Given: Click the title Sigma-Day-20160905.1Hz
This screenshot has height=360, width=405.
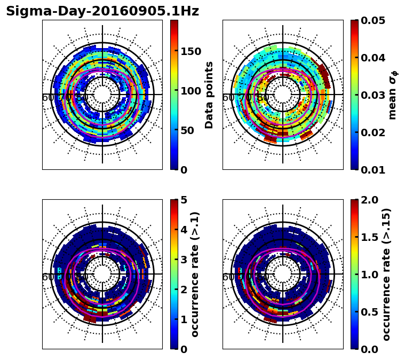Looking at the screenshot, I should [102, 11].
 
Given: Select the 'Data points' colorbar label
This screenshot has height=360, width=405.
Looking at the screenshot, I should [209, 95].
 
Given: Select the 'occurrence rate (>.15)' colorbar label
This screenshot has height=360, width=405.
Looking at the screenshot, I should [387, 274].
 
